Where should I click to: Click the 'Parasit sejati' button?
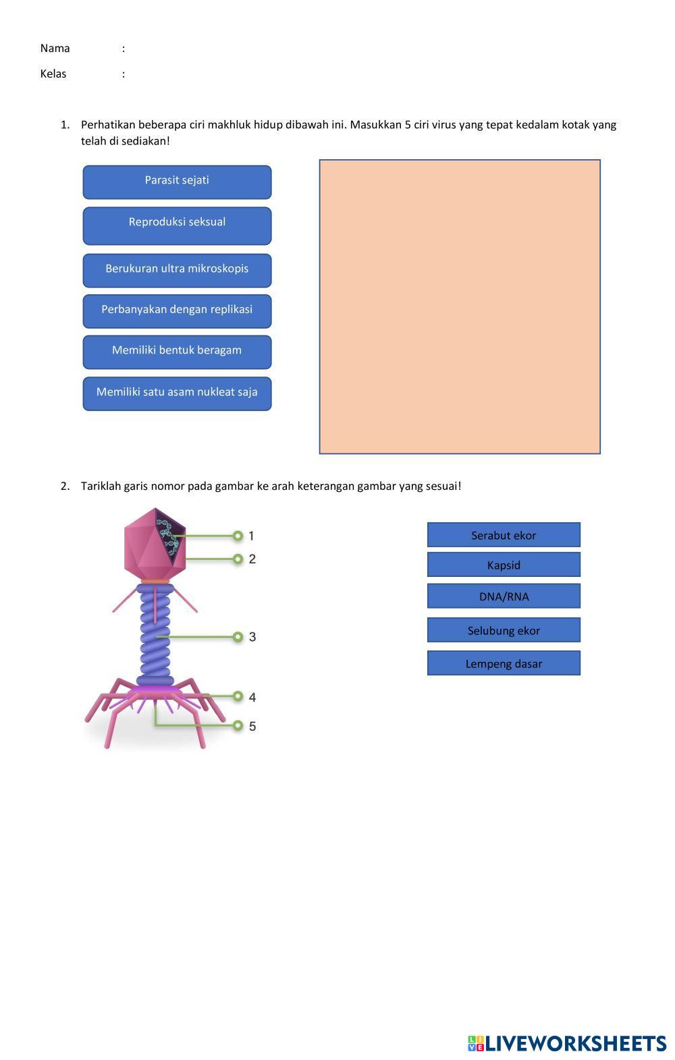point(177,182)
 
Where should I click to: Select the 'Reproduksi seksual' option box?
point(177,225)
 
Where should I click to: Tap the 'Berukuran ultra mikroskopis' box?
point(177,270)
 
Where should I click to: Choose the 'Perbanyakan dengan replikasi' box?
point(177,311)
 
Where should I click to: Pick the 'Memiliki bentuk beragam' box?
point(177,352)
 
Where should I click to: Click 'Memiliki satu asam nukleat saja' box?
point(177,393)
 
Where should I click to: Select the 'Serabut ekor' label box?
point(504,534)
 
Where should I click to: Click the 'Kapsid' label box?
point(504,565)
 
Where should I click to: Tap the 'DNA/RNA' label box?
point(504,596)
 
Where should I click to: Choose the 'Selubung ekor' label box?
point(504,630)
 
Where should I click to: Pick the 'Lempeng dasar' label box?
point(504,663)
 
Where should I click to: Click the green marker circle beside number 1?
point(238,536)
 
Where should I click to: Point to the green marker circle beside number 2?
point(238,559)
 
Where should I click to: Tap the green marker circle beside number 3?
point(238,636)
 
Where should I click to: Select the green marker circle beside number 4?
point(238,696)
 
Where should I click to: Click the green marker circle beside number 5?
point(238,725)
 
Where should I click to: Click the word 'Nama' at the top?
point(55,48)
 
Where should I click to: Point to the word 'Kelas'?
point(53,74)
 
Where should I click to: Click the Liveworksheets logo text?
point(574,1043)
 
